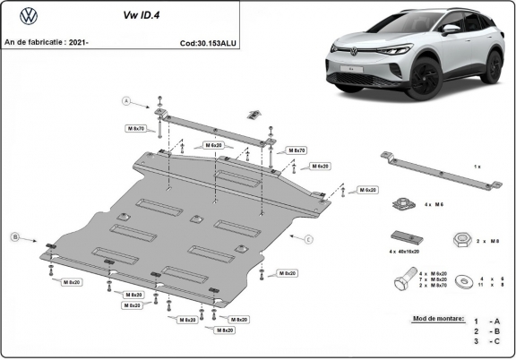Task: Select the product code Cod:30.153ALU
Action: point(209,42)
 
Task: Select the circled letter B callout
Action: point(14,236)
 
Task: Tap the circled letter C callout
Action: point(307,239)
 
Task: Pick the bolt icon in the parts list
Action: point(403,281)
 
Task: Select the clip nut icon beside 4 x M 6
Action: point(402,204)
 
